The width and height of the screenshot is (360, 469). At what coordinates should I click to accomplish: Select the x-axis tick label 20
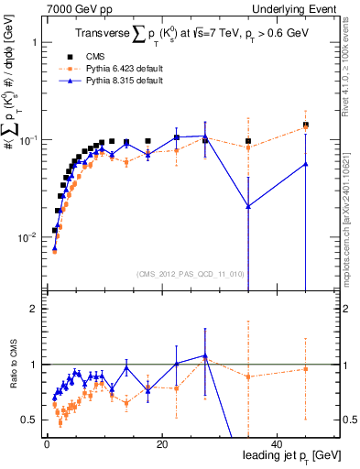tap(161, 444)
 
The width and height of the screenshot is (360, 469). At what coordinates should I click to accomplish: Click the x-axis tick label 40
tap(277, 444)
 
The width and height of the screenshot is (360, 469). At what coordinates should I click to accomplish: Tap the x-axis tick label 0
tap(47, 444)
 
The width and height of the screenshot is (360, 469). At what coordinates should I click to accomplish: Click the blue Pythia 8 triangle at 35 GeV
tap(248, 206)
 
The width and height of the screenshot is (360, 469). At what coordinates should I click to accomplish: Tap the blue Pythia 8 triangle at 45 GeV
tap(305, 164)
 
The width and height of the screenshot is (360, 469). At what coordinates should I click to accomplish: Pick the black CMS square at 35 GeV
tap(248, 141)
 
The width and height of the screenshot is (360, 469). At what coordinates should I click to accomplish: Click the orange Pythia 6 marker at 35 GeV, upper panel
tap(248, 147)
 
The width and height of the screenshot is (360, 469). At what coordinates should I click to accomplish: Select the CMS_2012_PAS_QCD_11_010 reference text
tap(178, 274)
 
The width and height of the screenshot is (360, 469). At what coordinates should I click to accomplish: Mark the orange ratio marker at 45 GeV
tap(305, 369)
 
